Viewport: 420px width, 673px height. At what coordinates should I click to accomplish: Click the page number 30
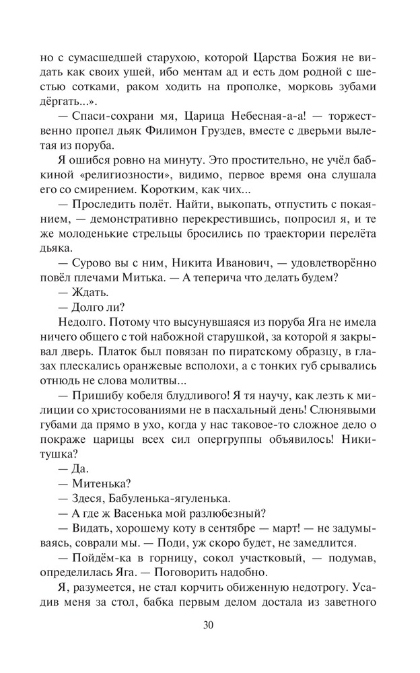tap(209, 625)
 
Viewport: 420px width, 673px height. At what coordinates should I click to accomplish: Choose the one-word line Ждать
tap(88, 292)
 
